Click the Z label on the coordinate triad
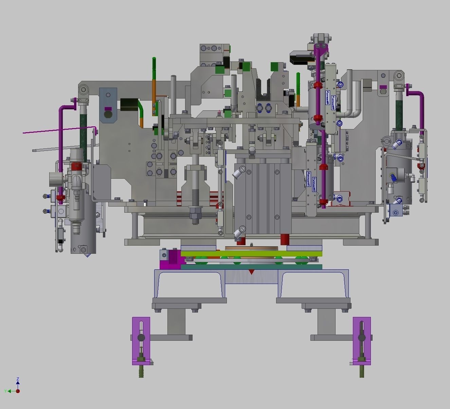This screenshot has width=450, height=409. (18, 379)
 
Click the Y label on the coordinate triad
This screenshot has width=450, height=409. (6, 391)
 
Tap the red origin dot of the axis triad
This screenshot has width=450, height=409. (18, 391)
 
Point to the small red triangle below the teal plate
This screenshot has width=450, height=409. (251, 272)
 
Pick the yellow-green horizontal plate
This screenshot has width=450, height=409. (251, 253)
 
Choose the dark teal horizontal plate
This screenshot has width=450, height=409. (251, 267)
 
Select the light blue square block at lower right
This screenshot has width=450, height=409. (396, 211)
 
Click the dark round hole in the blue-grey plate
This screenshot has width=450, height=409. (108, 115)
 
